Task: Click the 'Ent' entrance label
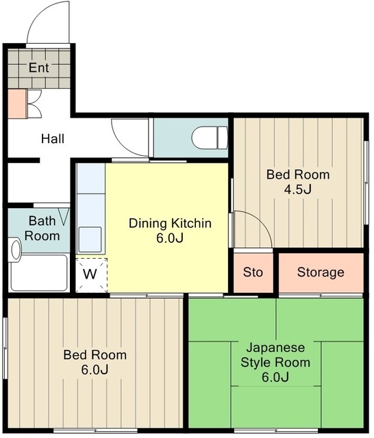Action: (39, 68)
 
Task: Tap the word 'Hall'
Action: (53, 138)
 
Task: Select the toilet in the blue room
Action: (210, 138)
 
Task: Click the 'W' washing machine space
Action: (90, 274)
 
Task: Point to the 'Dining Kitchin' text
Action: (170, 223)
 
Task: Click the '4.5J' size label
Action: (298, 190)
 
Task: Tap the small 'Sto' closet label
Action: (253, 272)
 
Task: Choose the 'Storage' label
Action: (321, 272)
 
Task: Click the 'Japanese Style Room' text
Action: (275, 355)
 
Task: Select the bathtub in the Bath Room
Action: (39, 272)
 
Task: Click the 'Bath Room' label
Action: (42, 228)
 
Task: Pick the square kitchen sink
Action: (90, 240)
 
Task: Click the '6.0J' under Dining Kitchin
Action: (170, 238)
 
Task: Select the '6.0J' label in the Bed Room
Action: (95, 370)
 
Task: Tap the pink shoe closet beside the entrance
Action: (17, 104)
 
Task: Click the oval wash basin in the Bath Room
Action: (16, 249)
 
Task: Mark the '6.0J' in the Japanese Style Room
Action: (275, 377)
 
